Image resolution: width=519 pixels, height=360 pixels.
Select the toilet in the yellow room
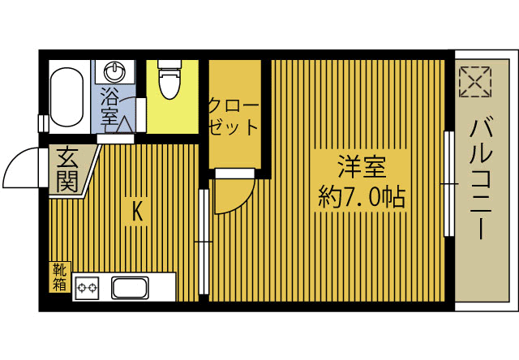click(x=169, y=81)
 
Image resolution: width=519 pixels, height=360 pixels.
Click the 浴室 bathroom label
click(x=109, y=107)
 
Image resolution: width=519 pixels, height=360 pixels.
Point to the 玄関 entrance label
click(x=67, y=169)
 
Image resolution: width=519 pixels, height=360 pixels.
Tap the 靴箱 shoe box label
click(x=60, y=276)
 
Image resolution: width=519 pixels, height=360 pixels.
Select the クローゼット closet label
click(x=234, y=117)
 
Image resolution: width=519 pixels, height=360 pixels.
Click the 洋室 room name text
click(x=361, y=168)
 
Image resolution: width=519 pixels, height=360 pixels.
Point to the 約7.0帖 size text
click(x=361, y=197)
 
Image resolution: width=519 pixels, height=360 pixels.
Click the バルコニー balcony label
click(x=482, y=179)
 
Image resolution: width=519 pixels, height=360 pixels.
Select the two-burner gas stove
click(x=87, y=287)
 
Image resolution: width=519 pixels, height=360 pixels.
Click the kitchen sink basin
click(x=129, y=287)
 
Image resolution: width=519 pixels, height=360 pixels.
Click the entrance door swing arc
click(x=20, y=166)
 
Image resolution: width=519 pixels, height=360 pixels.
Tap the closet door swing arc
click(x=235, y=195)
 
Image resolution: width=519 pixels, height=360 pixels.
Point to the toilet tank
click(x=169, y=64)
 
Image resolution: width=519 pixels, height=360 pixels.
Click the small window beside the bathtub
click(x=41, y=122)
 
